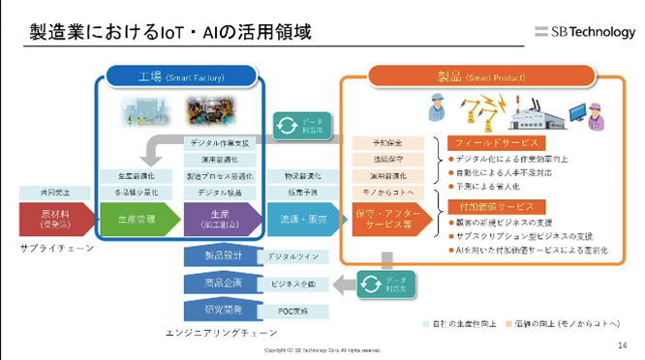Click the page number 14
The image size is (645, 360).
pos(621,344)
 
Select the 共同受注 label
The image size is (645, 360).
pos(52,193)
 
